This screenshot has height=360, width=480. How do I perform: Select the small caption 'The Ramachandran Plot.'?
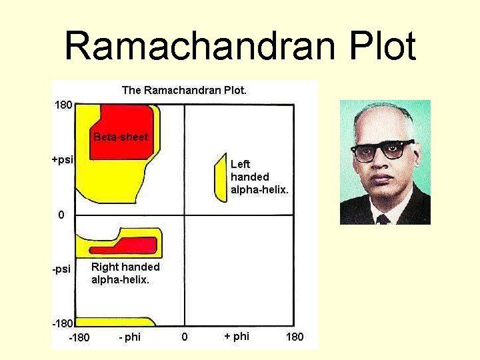(x=184, y=90)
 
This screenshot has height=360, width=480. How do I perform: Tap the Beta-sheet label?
(x=121, y=137)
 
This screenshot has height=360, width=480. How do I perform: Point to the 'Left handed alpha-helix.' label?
(x=259, y=177)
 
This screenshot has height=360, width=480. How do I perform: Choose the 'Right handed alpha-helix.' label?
(x=125, y=273)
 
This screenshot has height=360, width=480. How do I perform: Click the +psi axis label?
(x=63, y=159)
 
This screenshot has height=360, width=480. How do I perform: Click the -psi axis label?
(x=61, y=269)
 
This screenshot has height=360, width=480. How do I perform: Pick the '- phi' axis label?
(x=129, y=337)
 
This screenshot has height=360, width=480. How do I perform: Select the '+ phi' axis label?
(x=237, y=336)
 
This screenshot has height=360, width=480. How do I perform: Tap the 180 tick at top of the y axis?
(x=63, y=105)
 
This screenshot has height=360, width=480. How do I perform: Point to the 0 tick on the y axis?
(x=61, y=215)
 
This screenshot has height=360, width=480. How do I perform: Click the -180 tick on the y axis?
(x=62, y=323)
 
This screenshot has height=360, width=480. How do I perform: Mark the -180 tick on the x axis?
(x=79, y=337)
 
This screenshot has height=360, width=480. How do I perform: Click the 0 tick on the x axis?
(x=185, y=337)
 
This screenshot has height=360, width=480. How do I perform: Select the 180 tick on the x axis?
(x=295, y=337)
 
